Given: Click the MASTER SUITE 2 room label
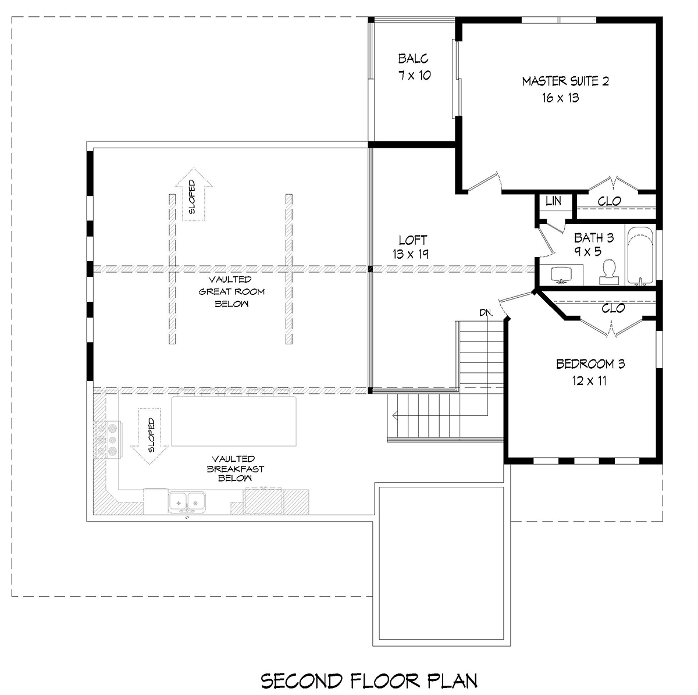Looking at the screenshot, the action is click(x=565, y=81).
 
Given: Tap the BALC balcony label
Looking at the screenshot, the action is click(x=414, y=58).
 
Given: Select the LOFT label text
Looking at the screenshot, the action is click(x=412, y=240).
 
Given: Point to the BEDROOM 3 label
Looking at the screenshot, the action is click(x=590, y=363).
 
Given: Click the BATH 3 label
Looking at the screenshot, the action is click(x=594, y=238).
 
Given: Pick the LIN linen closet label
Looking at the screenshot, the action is click(x=553, y=201).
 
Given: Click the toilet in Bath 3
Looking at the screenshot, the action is click(x=609, y=272).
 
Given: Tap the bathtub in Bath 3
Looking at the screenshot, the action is click(x=640, y=256).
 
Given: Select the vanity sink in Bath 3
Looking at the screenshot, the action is click(x=561, y=274).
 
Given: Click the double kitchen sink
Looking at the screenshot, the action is click(x=187, y=502).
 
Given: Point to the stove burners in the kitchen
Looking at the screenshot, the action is click(x=108, y=440).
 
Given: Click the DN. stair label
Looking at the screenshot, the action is click(x=486, y=313).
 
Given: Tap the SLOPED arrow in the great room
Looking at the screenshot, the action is click(x=194, y=194).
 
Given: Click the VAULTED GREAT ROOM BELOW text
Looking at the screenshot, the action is click(x=232, y=291).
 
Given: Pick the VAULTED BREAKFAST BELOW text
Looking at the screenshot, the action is click(x=235, y=469).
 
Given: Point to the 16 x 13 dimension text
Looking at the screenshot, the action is click(x=560, y=98).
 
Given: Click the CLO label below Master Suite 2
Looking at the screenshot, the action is click(x=609, y=201).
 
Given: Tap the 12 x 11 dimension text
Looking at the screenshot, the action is click(x=589, y=380).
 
